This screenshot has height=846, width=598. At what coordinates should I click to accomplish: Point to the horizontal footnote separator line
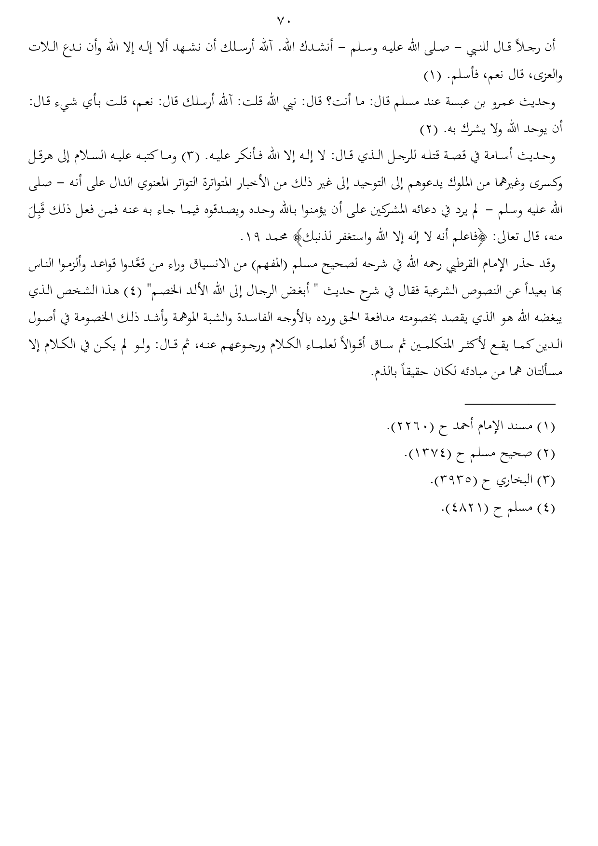tap(510, 404)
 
